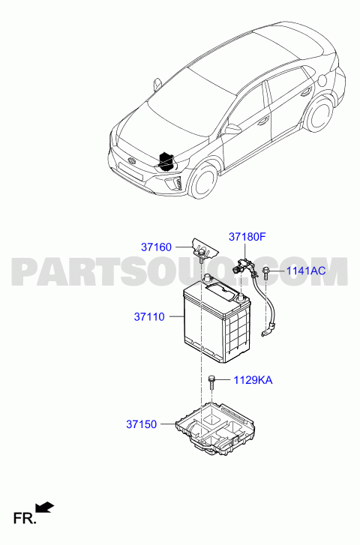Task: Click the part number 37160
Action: [x=156, y=247]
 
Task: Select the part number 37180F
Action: [x=247, y=237]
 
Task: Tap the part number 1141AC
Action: [x=306, y=271]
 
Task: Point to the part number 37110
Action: [x=149, y=316]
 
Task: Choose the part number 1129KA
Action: [x=253, y=380]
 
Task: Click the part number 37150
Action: [x=141, y=424]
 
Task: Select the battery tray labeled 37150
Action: [x=215, y=429]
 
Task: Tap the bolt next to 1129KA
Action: [x=211, y=382]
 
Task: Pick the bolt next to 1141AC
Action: [x=266, y=272]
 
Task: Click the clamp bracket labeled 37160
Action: [x=205, y=249]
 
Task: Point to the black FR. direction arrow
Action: [x=45, y=507]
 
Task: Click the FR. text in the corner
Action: [x=24, y=518]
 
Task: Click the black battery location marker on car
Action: [x=166, y=162]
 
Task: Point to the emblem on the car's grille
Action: [x=131, y=160]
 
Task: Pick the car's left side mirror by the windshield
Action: [x=157, y=84]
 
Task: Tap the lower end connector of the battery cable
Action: [x=267, y=331]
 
